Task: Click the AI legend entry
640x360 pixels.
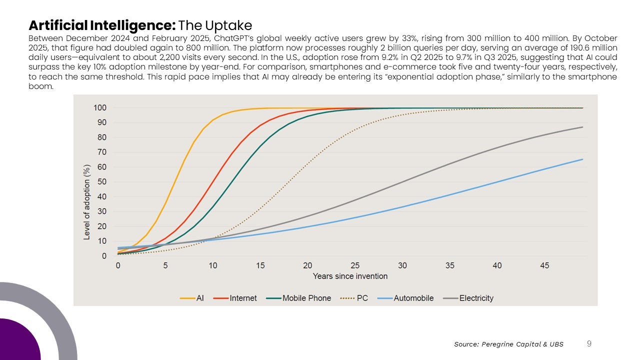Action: [x=192, y=298]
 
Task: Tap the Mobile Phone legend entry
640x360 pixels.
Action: [x=299, y=298]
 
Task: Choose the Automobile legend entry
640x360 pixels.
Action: [x=405, y=298]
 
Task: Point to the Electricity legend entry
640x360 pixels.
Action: [x=468, y=298]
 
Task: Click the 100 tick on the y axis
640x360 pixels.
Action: [x=99, y=108]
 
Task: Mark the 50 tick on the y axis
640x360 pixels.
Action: [x=101, y=182]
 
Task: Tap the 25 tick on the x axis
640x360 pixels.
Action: [x=355, y=265]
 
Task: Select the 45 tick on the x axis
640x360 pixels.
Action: [x=544, y=265]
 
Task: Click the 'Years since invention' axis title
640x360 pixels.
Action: [x=350, y=276]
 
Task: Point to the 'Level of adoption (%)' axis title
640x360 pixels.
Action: [x=87, y=202]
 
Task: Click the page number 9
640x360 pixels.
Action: [x=589, y=343]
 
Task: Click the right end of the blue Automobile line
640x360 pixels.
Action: [x=582, y=159]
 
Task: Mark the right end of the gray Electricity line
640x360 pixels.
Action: [x=582, y=127]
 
